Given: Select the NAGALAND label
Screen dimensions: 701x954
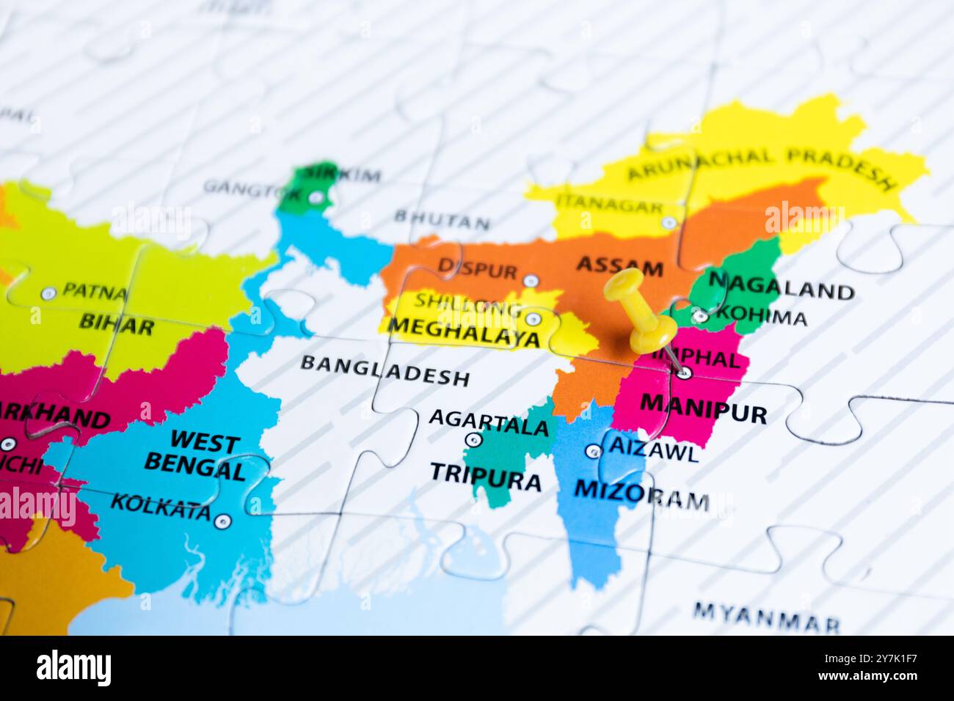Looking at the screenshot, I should (780, 285).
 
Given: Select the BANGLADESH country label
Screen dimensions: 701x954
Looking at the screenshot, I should (385, 370).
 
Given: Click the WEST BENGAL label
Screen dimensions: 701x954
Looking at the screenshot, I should (194, 455).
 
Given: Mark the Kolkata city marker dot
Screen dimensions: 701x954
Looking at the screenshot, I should (223, 521).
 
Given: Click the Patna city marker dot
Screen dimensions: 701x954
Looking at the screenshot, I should (48, 293).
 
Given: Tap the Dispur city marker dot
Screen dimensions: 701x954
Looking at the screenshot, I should (531, 280).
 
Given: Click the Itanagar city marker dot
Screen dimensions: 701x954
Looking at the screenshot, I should (668, 221).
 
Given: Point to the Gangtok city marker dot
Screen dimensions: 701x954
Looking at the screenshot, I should (315, 197).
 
